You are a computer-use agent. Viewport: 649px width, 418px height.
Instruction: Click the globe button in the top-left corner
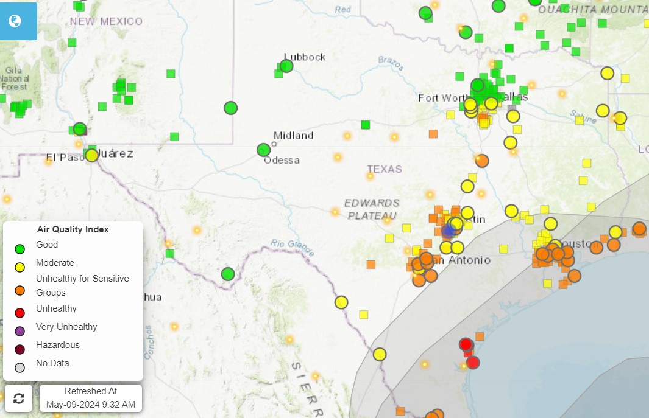pyautogui.click(x=15, y=21)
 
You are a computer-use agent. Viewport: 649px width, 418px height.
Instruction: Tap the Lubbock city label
pyautogui.click(x=305, y=57)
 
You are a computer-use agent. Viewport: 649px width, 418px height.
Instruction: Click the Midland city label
pyautogui.click(x=293, y=135)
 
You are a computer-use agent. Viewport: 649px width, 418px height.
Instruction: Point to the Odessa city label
pyautogui.click(x=282, y=160)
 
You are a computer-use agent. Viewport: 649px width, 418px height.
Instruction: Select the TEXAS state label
pyautogui.click(x=385, y=169)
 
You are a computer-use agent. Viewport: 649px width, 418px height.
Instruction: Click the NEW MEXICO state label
pyautogui.click(x=106, y=21)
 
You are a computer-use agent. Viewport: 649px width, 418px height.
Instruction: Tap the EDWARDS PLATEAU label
pyautogui.click(x=372, y=209)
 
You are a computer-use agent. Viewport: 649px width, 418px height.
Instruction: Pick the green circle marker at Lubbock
pyautogui.click(x=286, y=66)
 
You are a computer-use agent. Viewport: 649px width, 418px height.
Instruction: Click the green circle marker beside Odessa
pyautogui.click(x=263, y=150)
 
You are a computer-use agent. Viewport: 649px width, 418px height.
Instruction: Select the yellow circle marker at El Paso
pyautogui.click(x=91, y=155)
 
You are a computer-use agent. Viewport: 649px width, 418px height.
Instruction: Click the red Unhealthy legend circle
pyautogui.click(x=20, y=313)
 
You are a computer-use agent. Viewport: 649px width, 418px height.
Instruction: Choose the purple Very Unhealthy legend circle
pyautogui.click(x=20, y=331)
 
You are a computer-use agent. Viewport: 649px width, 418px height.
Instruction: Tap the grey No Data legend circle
pyautogui.click(x=20, y=367)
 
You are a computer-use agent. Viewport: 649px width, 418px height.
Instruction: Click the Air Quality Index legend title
pyautogui.click(x=73, y=229)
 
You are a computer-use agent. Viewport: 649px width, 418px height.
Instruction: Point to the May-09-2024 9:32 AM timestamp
pyautogui.click(x=91, y=404)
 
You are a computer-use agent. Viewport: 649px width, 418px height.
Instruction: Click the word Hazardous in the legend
pyautogui.click(x=57, y=345)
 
